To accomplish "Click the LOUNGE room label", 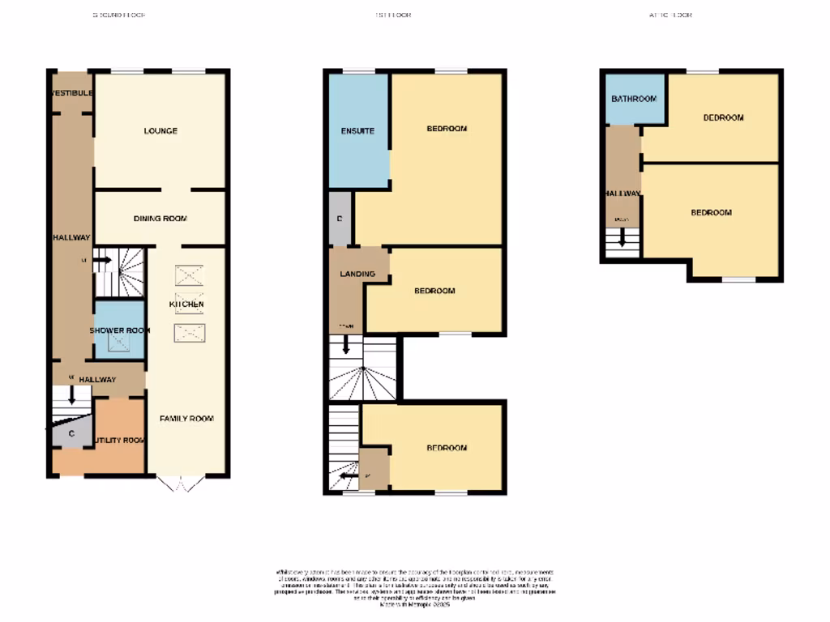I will click(160, 130).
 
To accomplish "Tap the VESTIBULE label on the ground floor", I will click(71, 93).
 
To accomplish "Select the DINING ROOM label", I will click(160, 219).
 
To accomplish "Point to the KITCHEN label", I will click(186, 304).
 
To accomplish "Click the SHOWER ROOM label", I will click(119, 330).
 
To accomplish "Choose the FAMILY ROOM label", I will click(186, 419).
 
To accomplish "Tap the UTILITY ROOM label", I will click(119, 441).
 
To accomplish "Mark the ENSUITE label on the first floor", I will click(357, 130).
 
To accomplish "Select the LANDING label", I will click(357, 274).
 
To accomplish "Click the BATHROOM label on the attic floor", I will click(633, 99).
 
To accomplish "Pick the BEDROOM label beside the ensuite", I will click(447, 129).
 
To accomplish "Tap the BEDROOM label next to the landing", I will click(434, 291).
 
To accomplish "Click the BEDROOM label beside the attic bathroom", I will click(723, 117).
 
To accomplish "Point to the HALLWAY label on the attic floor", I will click(622, 193).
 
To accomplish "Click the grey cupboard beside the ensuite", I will click(340, 219).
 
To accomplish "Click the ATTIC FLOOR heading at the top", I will click(670, 15).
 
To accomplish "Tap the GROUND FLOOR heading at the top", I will click(119, 15).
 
